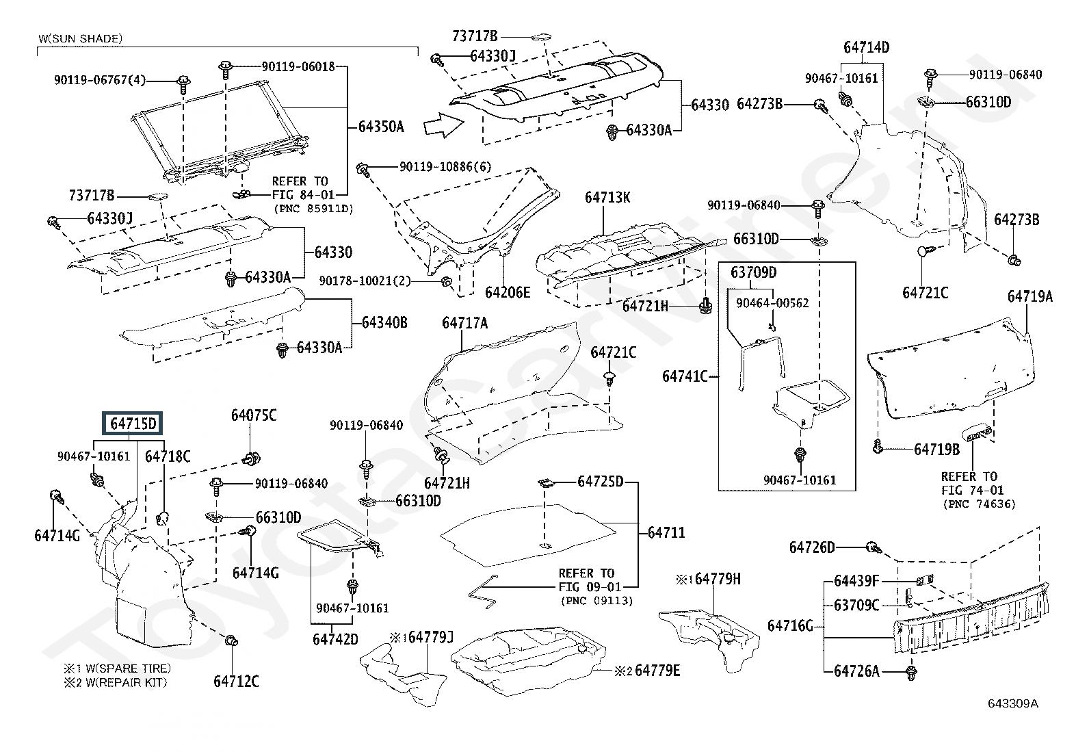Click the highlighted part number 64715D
133,424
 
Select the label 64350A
381,127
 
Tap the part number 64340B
384,322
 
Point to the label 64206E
508,292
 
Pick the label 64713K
607,198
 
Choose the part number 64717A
465,323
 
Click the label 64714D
866,47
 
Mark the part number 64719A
1029,296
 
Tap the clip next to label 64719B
878,448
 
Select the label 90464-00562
772,302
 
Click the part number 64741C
685,376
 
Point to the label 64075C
254,415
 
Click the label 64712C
236,681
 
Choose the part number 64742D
335,639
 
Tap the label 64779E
657,671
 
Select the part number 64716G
790,625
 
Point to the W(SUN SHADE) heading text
80,38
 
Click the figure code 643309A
1012,703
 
